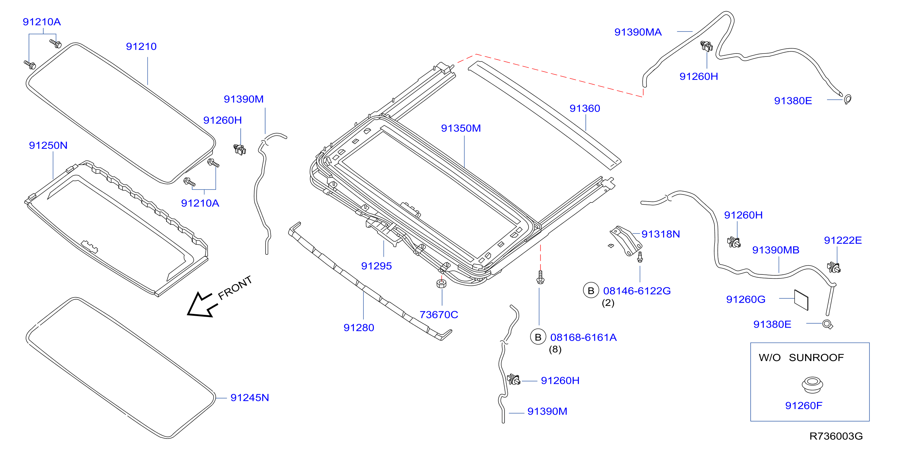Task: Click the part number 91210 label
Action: pyautogui.click(x=141, y=46)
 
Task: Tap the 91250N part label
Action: pyautogui.click(x=48, y=145)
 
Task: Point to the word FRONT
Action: pyautogui.click(x=235, y=287)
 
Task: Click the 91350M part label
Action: pyautogui.click(x=461, y=128)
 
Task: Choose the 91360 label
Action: pyautogui.click(x=585, y=108)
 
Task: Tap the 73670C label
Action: pyautogui.click(x=439, y=315)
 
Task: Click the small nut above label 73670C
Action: pyautogui.click(x=441, y=283)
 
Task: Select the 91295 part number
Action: pyautogui.click(x=377, y=266)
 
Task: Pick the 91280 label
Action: pyautogui.click(x=359, y=328)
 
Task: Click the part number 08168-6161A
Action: pyautogui.click(x=583, y=337)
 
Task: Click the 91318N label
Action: pyautogui.click(x=660, y=234)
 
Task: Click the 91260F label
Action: pyautogui.click(x=804, y=405)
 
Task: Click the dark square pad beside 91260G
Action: pyautogui.click(x=801, y=300)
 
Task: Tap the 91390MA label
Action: pyautogui.click(x=638, y=32)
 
